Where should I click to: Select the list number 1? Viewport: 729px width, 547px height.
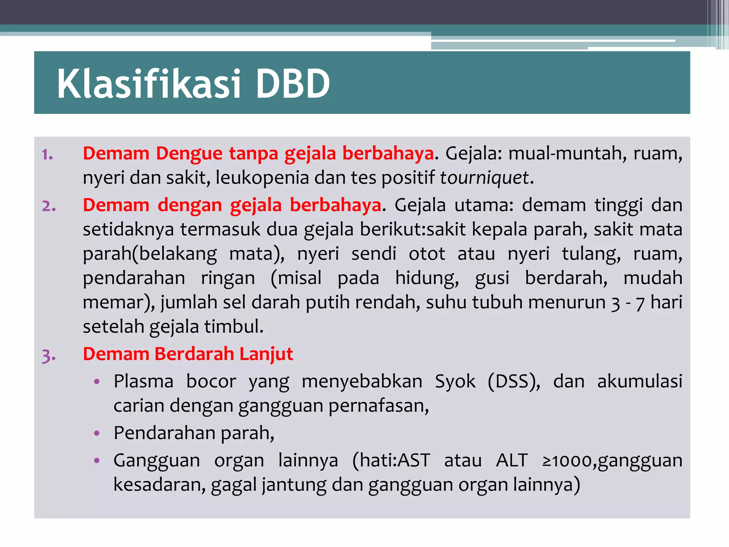(x=47, y=155)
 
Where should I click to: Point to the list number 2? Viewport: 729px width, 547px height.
(x=49, y=206)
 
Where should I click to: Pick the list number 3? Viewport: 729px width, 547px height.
(x=49, y=355)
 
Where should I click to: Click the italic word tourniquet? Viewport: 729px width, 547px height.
(x=484, y=177)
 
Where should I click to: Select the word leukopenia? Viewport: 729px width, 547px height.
(x=262, y=177)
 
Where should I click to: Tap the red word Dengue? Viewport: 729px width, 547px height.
(x=189, y=154)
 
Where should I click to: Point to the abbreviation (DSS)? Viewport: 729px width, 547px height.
(x=514, y=381)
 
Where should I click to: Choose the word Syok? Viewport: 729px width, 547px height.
(x=455, y=381)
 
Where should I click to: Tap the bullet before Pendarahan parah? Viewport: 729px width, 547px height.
(x=96, y=433)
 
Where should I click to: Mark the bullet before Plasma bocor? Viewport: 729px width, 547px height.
(x=96, y=382)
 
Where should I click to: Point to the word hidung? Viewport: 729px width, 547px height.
(x=427, y=278)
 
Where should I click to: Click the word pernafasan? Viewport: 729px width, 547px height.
(x=378, y=406)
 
